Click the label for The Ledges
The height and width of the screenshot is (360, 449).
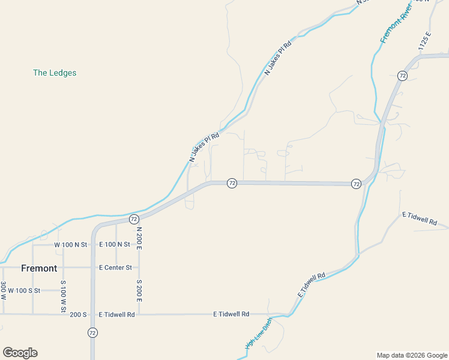[x=55, y=73]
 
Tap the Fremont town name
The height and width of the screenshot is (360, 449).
[x=39, y=268]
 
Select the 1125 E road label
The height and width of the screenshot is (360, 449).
[x=426, y=41]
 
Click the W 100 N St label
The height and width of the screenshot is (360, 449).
[x=71, y=245]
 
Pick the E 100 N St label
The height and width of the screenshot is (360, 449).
[x=114, y=245]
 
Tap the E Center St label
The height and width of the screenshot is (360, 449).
[x=115, y=268]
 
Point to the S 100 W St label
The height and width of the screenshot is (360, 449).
[x=62, y=295]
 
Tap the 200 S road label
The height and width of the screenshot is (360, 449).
[x=79, y=314]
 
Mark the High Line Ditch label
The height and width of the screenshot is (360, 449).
[x=259, y=333]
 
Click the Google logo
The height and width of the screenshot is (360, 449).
[x=20, y=353]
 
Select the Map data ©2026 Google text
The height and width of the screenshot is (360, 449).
[x=412, y=355]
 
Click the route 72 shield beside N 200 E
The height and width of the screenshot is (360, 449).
[x=134, y=219]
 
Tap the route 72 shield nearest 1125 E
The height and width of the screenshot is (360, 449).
[x=402, y=76]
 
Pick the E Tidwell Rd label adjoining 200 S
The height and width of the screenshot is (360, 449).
[x=116, y=314]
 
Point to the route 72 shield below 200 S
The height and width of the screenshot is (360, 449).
[x=92, y=332]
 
